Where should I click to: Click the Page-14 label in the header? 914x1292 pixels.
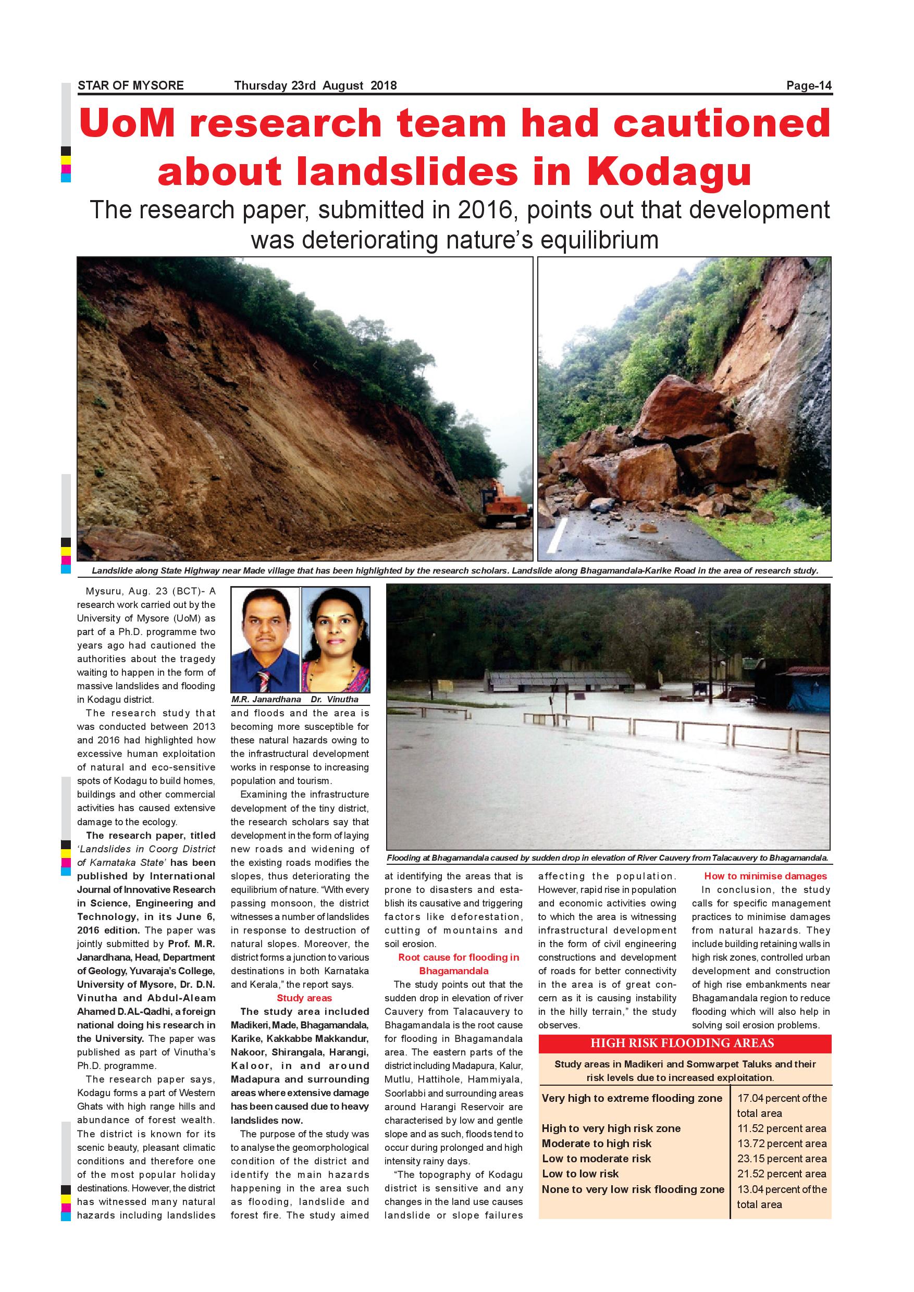click(x=808, y=85)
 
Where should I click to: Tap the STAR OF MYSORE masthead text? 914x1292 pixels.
click(x=131, y=85)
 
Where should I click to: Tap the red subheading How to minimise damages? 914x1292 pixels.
click(x=765, y=876)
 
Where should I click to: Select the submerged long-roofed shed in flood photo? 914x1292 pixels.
click(x=561, y=681)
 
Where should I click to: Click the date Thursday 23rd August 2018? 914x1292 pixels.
click(x=315, y=85)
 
